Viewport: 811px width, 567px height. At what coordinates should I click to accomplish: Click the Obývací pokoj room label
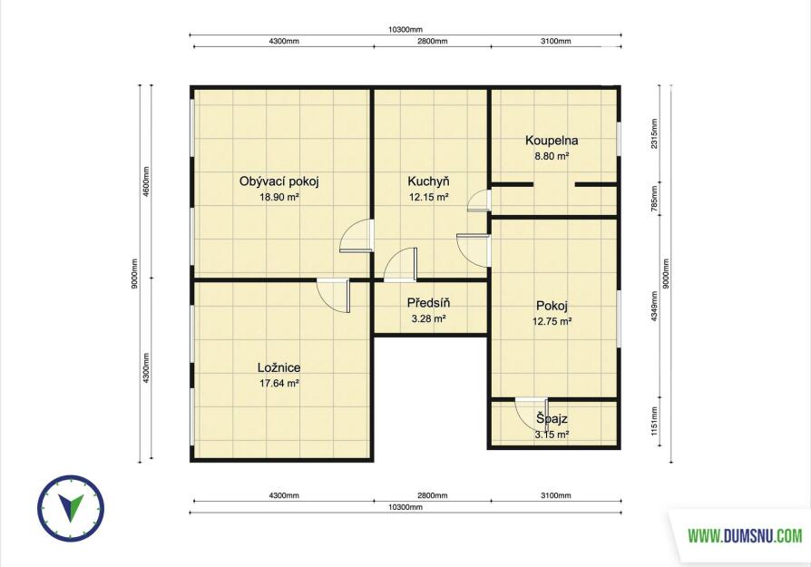(278, 181)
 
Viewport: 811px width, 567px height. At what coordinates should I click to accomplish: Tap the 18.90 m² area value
(279, 197)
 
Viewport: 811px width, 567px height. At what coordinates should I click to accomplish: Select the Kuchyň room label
(428, 181)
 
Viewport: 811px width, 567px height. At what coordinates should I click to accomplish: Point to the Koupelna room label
(552, 141)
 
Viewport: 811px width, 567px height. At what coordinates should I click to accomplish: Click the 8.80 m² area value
(552, 156)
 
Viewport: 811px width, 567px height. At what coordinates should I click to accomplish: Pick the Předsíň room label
(428, 303)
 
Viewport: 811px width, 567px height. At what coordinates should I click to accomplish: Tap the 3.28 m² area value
(428, 318)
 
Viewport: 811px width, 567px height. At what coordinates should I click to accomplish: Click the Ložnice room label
(278, 367)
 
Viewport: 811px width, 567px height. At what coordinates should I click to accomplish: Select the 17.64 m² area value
(279, 384)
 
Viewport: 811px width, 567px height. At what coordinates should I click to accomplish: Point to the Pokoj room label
(552, 305)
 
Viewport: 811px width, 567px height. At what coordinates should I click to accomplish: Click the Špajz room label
(552, 418)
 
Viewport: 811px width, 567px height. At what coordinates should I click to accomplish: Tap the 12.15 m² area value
(428, 197)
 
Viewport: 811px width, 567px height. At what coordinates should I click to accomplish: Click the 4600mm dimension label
(146, 181)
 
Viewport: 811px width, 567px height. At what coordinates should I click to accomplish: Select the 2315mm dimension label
(655, 134)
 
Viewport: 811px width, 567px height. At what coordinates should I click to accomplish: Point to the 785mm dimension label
(655, 196)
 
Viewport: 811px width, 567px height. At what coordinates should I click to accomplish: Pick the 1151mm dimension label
(655, 421)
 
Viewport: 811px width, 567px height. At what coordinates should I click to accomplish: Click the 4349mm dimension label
(655, 306)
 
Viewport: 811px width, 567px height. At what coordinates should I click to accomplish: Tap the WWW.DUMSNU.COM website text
(745, 536)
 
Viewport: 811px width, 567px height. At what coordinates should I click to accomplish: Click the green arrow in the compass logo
(71, 507)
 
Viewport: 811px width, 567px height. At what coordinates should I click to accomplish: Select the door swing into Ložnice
(333, 297)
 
